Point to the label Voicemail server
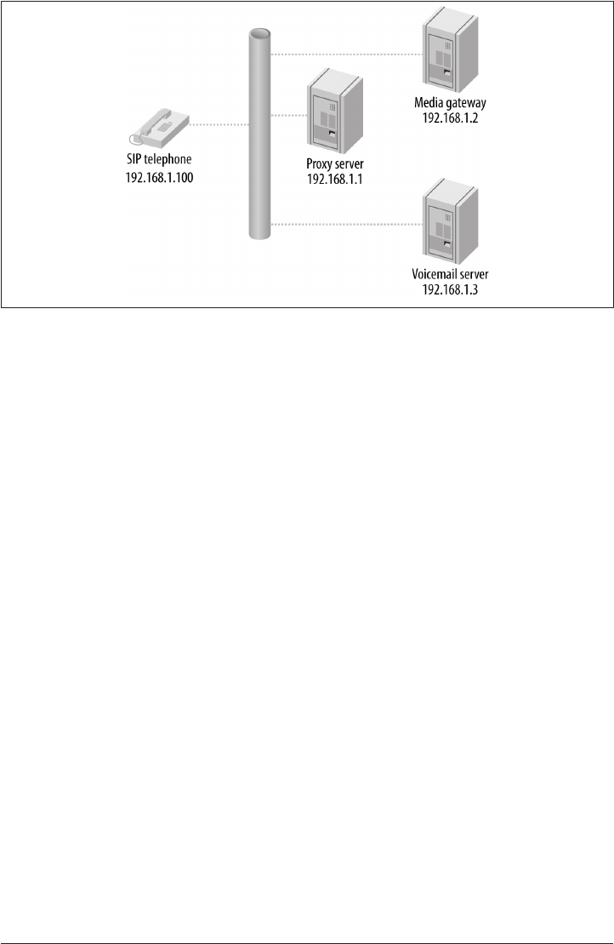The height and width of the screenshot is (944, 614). coord(452,275)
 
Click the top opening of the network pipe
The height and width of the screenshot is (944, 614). coord(259,35)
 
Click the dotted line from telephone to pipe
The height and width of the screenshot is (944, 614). coord(219,126)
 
